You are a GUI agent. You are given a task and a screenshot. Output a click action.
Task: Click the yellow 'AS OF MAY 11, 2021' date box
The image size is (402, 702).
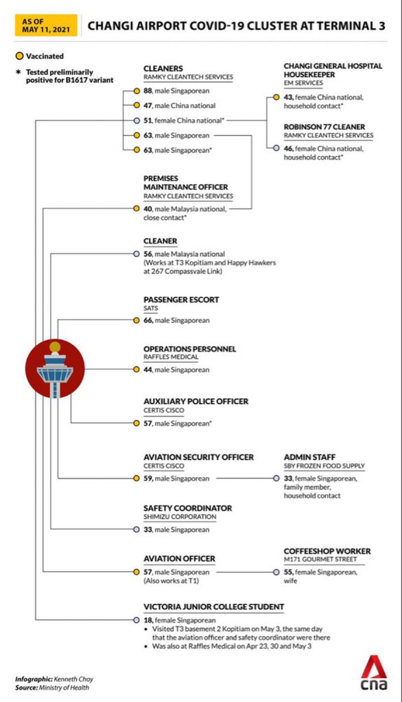pyautogui.click(x=46, y=25)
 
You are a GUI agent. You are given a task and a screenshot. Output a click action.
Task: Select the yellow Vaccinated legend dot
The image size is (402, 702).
pyautogui.click(x=19, y=56)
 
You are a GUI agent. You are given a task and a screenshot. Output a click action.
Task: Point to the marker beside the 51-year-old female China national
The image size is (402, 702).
pyautogui.click(x=136, y=121)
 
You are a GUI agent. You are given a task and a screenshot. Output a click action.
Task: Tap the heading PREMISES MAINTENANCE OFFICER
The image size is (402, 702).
pyautogui.click(x=186, y=182)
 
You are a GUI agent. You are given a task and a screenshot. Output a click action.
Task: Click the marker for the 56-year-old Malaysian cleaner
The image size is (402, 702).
pyautogui.click(x=136, y=254)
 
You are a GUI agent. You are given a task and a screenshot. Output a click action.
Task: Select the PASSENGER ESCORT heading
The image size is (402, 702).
pyautogui.click(x=181, y=300)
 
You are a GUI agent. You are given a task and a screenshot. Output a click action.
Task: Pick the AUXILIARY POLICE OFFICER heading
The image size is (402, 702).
pyautogui.click(x=196, y=401)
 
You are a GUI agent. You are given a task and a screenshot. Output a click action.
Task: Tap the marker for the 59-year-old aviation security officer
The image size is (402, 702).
pyautogui.click(x=136, y=479)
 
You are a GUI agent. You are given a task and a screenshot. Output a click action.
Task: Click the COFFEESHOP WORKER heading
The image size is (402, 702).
pyautogui.click(x=327, y=551)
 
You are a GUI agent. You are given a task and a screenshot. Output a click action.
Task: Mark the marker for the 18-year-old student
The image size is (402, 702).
pyautogui.click(x=136, y=620)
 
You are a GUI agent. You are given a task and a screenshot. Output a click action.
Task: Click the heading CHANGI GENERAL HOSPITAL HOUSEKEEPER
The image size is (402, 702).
pyautogui.click(x=333, y=71)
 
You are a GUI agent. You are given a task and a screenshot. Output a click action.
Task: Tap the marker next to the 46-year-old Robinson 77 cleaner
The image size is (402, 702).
pyautogui.click(x=276, y=149)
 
